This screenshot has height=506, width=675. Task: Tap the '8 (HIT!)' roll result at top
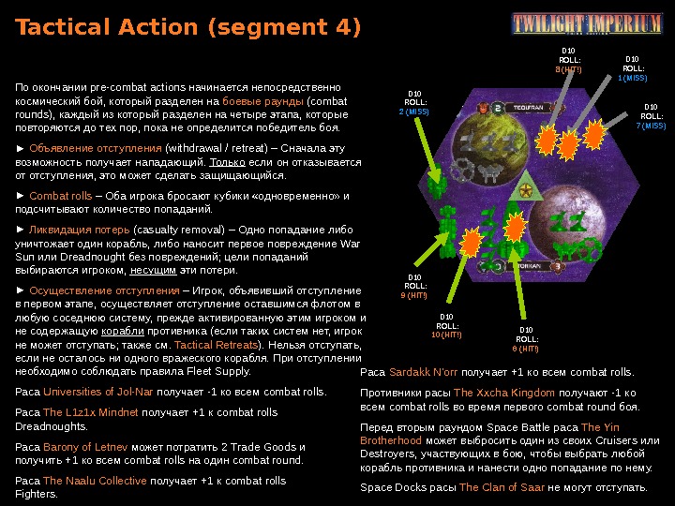click(568, 69)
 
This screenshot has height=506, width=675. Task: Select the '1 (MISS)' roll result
click(633, 79)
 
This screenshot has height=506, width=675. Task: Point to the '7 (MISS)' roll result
click(651, 126)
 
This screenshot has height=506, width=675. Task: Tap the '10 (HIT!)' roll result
click(446, 335)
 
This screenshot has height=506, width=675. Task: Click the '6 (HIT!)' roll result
click(525, 348)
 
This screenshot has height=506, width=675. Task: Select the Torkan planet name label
click(532, 265)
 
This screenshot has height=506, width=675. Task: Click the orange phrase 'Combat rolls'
click(61, 196)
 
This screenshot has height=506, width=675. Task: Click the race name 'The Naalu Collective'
click(95, 481)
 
